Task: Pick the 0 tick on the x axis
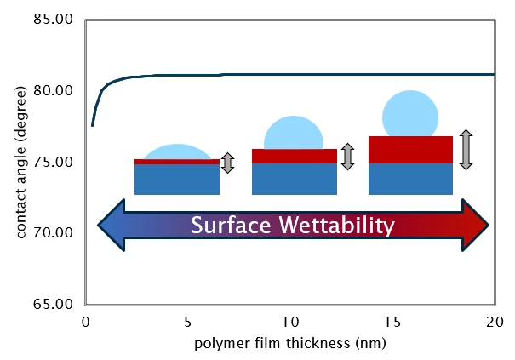click(x=85, y=321)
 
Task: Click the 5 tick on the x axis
click(x=187, y=321)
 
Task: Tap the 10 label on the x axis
click(x=289, y=321)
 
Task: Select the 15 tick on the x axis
click(x=392, y=321)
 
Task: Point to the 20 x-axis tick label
click(x=494, y=321)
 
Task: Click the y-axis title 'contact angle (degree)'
click(x=20, y=162)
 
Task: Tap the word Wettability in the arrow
click(x=344, y=226)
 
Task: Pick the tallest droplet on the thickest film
click(x=410, y=113)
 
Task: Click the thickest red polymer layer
click(x=410, y=149)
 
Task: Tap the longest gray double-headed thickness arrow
click(x=465, y=149)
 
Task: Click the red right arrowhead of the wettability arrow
click(x=476, y=226)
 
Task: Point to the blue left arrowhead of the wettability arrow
click(x=112, y=226)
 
